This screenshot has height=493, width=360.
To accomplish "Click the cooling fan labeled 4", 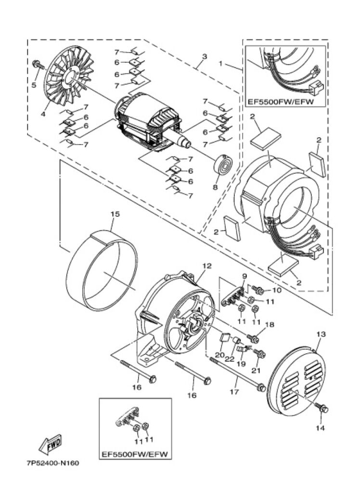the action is click(x=70, y=78).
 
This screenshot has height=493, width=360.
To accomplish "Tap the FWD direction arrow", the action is click(x=51, y=444).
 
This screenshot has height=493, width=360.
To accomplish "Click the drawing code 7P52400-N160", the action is click(x=53, y=463).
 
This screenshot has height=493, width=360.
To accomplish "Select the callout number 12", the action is click(x=207, y=266).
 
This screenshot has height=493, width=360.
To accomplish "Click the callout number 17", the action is click(x=234, y=392).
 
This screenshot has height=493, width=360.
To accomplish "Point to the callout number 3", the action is click(x=205, y=57).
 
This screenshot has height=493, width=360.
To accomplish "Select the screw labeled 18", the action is click(x=253, y=339).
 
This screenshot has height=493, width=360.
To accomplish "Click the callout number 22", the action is click(x=230, y=359).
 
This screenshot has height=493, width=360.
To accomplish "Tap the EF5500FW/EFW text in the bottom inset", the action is click(x=135, y=454).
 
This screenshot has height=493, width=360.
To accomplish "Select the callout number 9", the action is click(x=244, y=276).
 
